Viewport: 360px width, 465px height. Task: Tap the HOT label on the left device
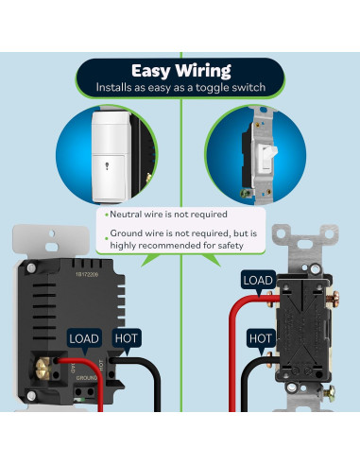[127, 338]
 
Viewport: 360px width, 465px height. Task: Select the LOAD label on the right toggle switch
[258, 280]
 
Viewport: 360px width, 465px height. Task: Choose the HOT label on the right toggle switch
[260, 336]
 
